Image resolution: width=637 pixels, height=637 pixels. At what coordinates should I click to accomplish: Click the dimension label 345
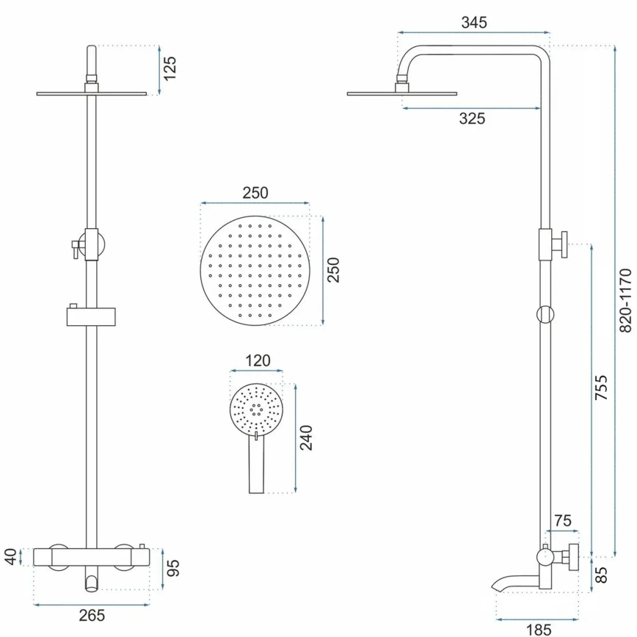pos(474,22)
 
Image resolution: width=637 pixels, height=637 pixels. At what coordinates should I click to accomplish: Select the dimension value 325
pos(471,118)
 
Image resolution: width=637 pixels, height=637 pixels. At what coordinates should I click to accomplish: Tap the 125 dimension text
pos(170,69)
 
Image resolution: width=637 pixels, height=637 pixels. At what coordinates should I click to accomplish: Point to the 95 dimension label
pos(173,568)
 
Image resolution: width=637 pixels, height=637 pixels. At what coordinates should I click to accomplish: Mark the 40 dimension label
pos(10,557)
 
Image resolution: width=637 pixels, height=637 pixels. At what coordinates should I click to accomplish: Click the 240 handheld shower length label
pos(306,437)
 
